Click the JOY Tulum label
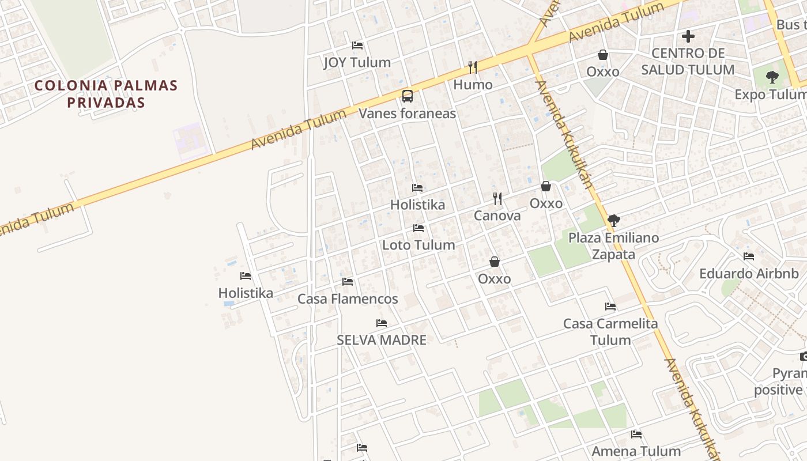(x=357, y=62)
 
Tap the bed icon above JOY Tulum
(x=357, y=45)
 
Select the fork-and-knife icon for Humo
(x=473, y=67)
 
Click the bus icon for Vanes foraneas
(x=408, y=96)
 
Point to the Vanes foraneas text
(x=407, y=113)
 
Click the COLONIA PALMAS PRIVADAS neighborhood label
(x=106, y=94)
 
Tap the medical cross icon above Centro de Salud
(x=688, y=36)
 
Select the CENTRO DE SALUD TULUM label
(x=688, y=62)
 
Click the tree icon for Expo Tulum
(x=772, y=77)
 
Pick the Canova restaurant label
(x=497, y=216)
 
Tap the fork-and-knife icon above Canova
(x=497, y=199)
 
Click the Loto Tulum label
(x=418, y=245)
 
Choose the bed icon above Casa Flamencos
(x=348, y=282)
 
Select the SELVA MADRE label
(x=382, y=340)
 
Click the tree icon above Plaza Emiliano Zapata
(x=614, y=220)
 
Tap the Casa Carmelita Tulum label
(x=610, y=332)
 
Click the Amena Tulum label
(x=636, y=451)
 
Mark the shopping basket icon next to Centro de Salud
(x=603, y=55)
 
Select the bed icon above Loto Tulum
(x=418, y=228)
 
